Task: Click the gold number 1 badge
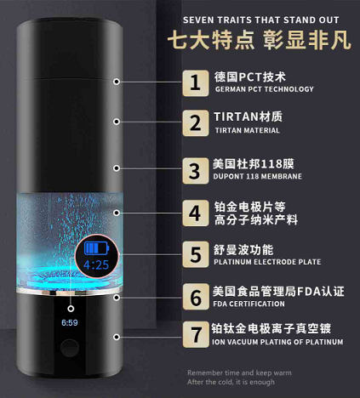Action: click(x=196, y=83)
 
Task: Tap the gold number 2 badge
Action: click(x=196, y=123)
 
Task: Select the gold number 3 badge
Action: click(x=196, y=171)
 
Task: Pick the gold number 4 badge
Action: click(x=196, y=213)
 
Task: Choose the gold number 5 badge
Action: click(x=196, y=254)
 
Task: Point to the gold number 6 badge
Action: click(x=196, y=297)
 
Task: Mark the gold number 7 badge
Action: click(x=196, y=334)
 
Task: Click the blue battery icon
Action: click(x=96, y=248)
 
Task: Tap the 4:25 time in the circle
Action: click(x=96, y=264)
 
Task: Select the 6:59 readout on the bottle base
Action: click(x=70, y=322)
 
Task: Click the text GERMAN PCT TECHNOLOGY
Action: click(x=265, y=89)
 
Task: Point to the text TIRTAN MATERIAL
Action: click(x=247, y=130)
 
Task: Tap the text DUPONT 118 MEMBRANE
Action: click(x=258, y=176)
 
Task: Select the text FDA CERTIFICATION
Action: click(x=249, y=304)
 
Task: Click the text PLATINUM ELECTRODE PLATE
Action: click(x=267, y=262)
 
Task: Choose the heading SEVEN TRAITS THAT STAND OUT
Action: click(x=261, y=20)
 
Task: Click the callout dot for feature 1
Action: click(x=117, y=82)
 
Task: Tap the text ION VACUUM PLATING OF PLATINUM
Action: click(x=277, y=342)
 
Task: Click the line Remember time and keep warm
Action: click(x=239, y=372)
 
